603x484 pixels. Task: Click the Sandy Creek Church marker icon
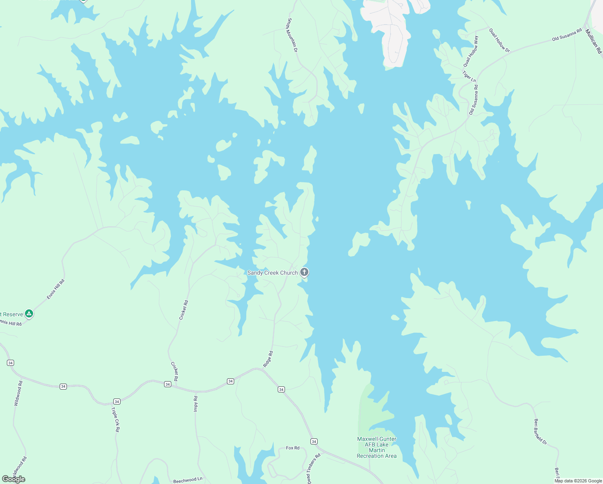point(304,272)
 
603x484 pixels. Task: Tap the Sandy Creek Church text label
point(272,273)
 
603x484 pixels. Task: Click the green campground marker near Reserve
point(29,313)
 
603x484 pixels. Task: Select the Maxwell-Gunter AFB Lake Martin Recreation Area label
point(376,447)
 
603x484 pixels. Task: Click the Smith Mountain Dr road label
point(292,35)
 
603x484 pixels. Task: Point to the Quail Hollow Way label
point(471,52)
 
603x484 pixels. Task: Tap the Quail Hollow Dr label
point(499,40)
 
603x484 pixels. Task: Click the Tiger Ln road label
point(469,77)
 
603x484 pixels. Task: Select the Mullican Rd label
point(593,41)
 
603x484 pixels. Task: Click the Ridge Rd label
point(268,359)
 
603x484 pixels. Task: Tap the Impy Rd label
point(196,404)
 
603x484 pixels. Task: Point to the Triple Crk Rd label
point(115,419)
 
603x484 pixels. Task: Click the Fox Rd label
point(293,448)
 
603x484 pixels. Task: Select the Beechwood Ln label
point(187,480)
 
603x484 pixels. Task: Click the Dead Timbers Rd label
point(313,468)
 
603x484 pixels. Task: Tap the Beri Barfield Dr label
point(540,432)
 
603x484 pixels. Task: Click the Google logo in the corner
point(13,479)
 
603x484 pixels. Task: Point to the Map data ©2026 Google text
point(578,481)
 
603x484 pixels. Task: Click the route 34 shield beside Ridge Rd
point(231,381)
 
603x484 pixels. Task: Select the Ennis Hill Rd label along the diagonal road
point(56,289)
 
